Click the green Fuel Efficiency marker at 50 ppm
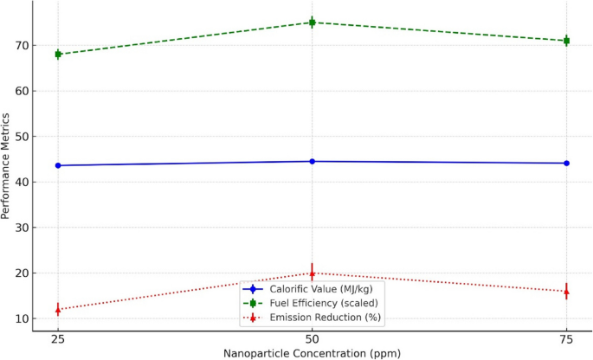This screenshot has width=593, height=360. [313, 22]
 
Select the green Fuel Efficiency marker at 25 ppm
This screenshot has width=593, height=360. [58, 55]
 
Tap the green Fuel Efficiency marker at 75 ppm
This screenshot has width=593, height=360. [566, 41]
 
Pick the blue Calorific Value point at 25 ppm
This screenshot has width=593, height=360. [58, 165]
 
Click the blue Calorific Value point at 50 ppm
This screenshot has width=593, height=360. [313, 162]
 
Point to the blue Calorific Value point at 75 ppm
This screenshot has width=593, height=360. [566, 164]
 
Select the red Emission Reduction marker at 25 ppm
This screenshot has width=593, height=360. [58, 309]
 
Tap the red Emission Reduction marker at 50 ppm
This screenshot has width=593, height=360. [313, 273]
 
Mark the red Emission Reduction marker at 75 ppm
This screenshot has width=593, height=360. [566, 292]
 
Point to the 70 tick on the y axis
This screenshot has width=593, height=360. [21, 45]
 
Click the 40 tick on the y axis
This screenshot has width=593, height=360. [21, 182]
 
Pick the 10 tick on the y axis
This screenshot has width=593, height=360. [21, 318]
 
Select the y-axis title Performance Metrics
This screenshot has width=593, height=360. [7, 168]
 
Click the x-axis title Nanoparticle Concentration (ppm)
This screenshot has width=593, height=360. [313, 353]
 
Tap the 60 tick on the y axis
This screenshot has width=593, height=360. [21, 91]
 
